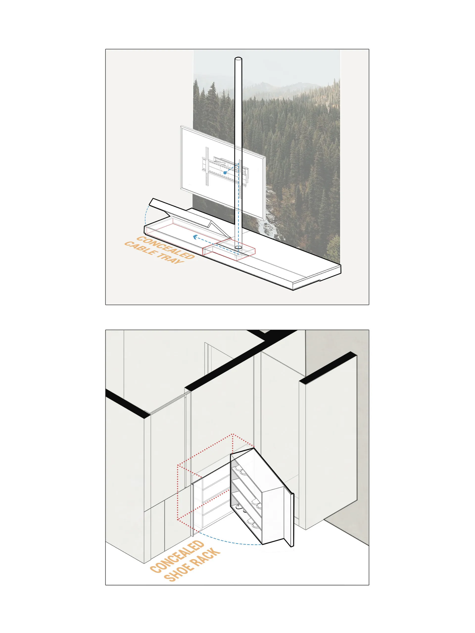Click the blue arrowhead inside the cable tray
click(195, 237)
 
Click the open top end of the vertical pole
click(238, 59)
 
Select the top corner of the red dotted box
click(232, 434)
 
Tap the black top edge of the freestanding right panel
click(328, 367)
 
